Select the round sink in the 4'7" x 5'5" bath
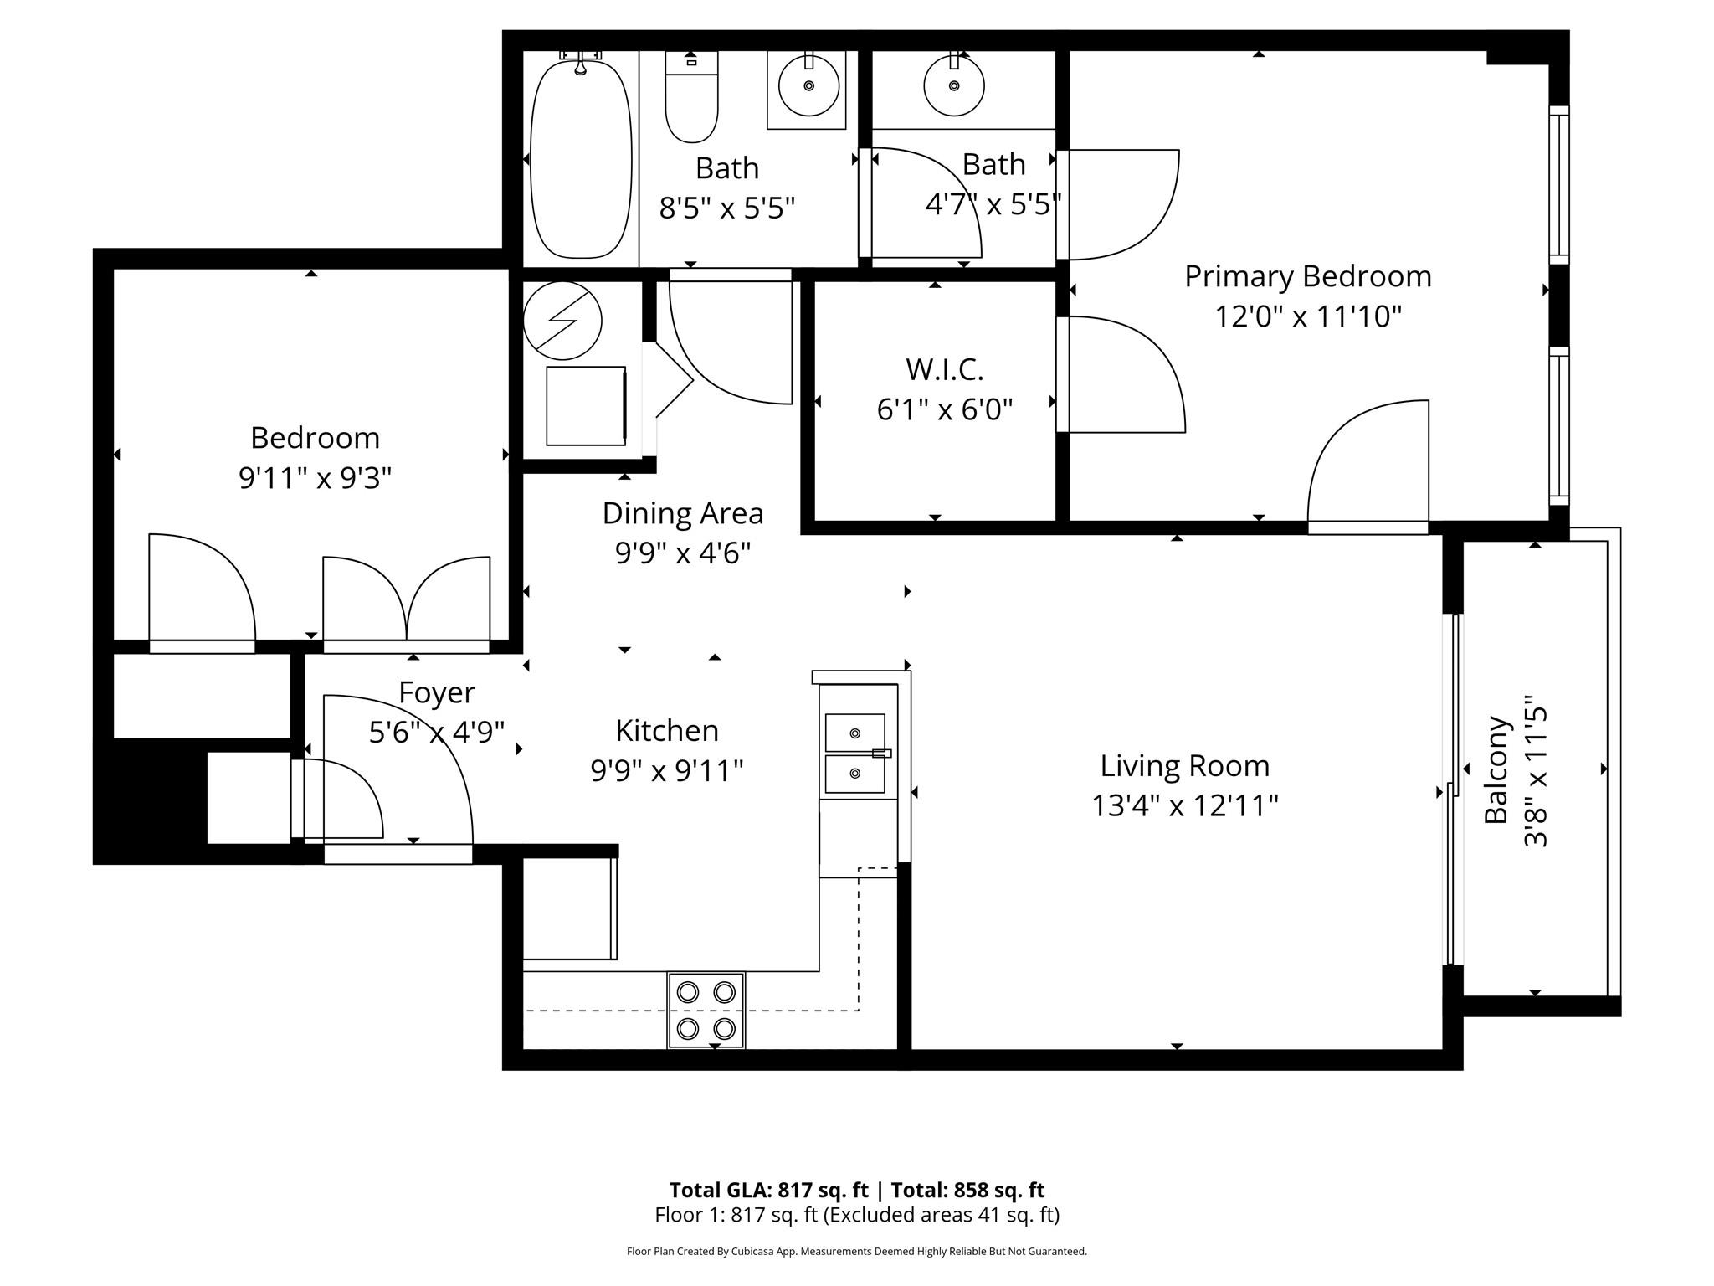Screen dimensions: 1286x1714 point(954,85)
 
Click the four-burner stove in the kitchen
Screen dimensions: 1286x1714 point(706,1010)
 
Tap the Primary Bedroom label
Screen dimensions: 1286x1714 point(1307,276)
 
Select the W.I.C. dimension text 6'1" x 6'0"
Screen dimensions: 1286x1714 point(944,409)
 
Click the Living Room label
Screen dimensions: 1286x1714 point(1184,765)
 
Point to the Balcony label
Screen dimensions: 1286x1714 point(1496,769)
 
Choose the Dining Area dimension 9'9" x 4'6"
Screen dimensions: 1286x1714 point(682,553)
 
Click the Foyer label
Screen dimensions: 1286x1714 point(436,692)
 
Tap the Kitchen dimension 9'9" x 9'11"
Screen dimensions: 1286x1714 point(666,770)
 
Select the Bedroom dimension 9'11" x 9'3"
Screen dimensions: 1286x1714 point(315,478)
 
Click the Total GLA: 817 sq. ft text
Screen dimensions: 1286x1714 point(768,1190)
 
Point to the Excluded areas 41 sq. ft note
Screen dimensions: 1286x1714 point(942,1215)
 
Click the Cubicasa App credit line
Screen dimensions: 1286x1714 point(856,1252)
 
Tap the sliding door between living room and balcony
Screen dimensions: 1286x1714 point(1454,790)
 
